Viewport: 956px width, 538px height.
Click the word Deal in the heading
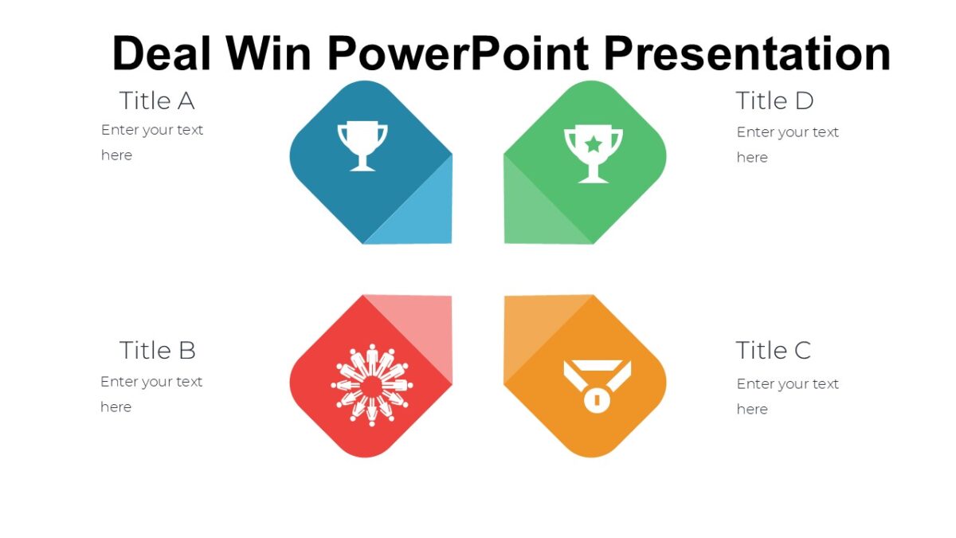coord(163,53)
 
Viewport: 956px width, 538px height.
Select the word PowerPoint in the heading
coord(458,53)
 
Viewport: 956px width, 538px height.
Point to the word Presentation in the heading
coord(746,53)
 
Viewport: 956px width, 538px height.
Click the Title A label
coord(157,101)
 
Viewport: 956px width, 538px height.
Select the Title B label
coord(157,351)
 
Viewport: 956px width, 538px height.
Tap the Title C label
coord(773,351)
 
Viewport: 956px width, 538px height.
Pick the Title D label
coord(774,101)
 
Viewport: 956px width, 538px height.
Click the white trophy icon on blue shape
coord(362,146)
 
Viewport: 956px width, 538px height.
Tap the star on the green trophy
coord(594,144)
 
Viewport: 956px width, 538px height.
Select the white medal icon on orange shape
coord(596,387)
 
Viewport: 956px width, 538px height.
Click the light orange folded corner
coord(531,327)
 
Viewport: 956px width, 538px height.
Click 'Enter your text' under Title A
coord(152,130)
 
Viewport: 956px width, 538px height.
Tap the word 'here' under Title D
coord(752,158)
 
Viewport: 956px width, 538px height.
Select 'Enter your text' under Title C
coord(787,384)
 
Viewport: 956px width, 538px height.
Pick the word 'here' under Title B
coord(116,407)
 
